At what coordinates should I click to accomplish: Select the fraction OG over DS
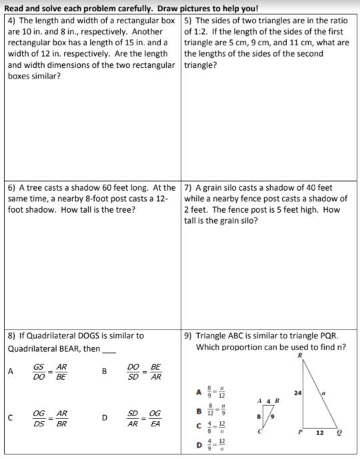[39, 418]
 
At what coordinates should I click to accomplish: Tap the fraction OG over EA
[155, 418]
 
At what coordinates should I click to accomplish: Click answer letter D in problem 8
[104, 418]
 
